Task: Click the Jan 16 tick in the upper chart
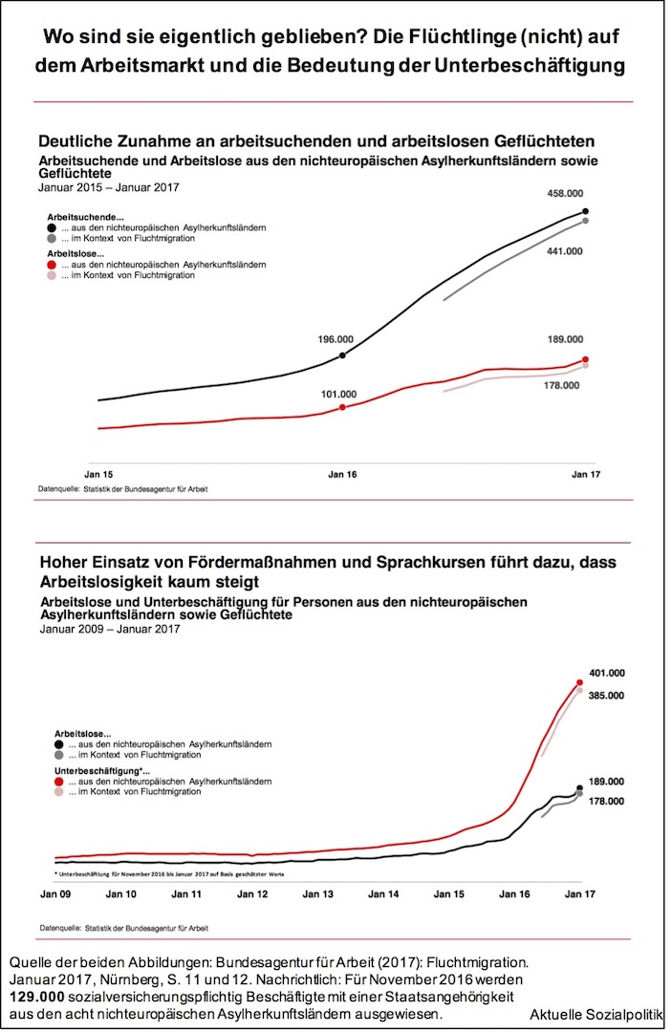(343, 472)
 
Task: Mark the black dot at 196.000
(343, 355)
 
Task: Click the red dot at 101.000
(343, 407)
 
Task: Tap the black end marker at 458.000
(585, 211)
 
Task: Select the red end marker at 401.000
(579, 682)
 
